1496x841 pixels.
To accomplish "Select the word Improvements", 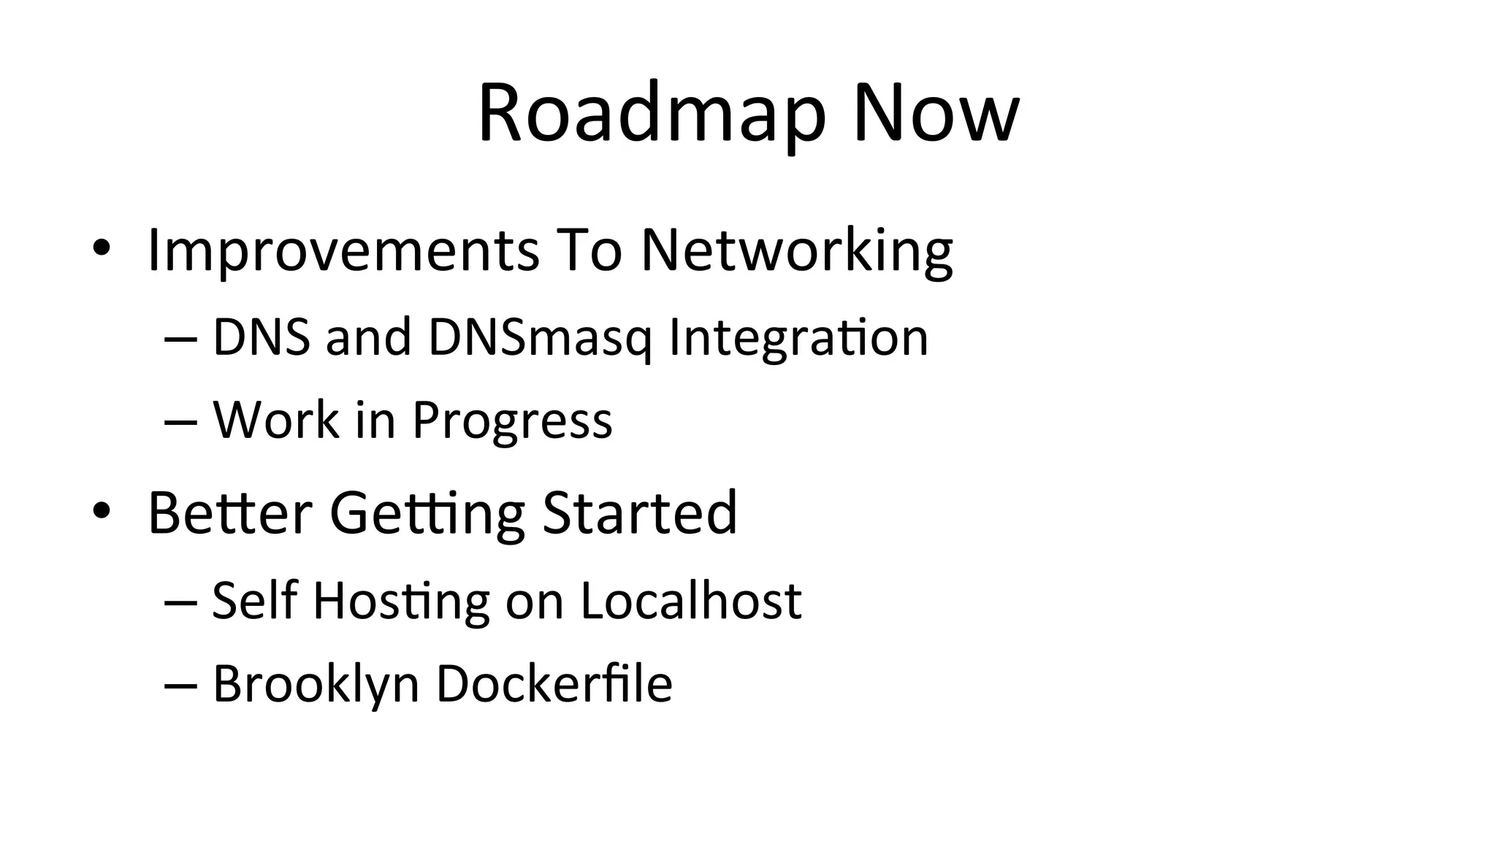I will pos(343,251).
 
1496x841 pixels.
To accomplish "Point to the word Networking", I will pos(796,251).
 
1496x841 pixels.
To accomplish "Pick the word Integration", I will pos(798,338).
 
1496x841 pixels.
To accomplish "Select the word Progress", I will pos(512,421).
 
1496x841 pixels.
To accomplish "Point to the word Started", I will pos(639,512).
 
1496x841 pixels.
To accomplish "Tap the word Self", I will pos(255,600).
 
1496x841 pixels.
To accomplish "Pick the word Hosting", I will pos(401,602).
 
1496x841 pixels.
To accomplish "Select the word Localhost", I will pos(691,600).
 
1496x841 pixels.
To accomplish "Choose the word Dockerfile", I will pos(554,683).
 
